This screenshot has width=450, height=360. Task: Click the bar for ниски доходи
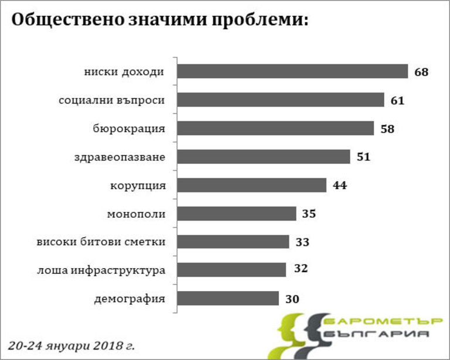292,71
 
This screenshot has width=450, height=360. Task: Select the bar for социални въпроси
281,100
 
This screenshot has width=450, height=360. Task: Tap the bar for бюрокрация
275,128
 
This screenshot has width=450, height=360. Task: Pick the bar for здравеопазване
264,157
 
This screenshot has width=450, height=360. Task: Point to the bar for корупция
251,185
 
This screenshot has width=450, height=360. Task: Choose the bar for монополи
237,214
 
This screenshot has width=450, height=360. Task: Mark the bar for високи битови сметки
233,242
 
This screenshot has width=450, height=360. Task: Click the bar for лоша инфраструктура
231,270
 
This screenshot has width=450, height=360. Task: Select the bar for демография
228,299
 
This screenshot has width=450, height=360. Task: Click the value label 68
421,73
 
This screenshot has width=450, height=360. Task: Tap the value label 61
398,101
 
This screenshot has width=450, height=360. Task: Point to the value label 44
340,186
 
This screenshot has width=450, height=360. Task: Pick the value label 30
292,299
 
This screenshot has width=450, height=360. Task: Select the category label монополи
136,214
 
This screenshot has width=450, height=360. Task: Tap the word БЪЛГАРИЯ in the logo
376,334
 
